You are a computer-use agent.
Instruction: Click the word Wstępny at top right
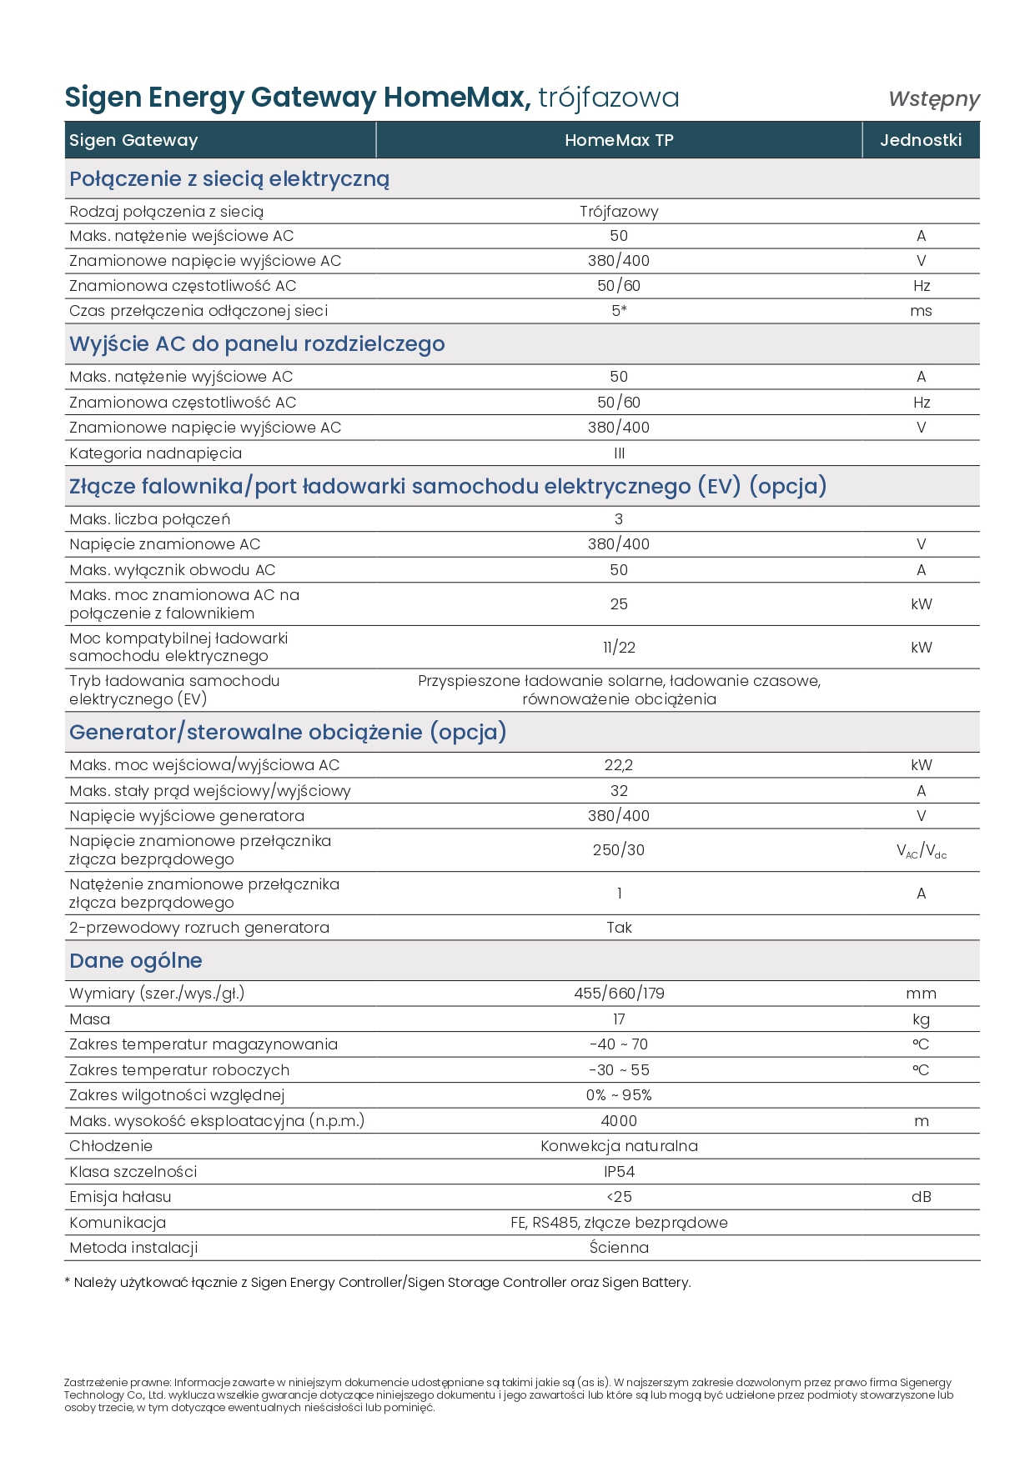tap(933, 98)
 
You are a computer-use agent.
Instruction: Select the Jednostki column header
tap(921, 140)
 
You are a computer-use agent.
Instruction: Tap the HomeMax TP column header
tap(619, 140)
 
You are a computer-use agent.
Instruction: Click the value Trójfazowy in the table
tap(619, 212)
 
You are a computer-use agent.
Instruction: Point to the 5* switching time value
tap(619, 311)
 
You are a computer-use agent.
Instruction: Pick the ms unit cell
tap(921, 311)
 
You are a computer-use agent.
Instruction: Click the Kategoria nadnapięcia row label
tap(156, 453)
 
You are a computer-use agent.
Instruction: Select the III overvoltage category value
tap(619, 453)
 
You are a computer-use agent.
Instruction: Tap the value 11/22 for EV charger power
tap(619, 648)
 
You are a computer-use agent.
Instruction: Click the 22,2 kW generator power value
tap(619, 765)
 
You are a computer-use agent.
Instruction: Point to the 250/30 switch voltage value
tap(619, 850)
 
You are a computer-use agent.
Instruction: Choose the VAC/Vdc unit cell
tap(921, 851)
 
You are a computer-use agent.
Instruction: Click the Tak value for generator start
tap(619, 928)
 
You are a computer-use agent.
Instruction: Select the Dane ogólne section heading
tap(136, 961)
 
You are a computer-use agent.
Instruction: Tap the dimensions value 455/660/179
tap(619, 994)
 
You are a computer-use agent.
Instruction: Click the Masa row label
tap(90, 1019)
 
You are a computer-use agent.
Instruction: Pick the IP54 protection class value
tap(619, 1172)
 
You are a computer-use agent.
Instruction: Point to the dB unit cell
tap(921, 1197)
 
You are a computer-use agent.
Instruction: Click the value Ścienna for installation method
tap(619, 1248)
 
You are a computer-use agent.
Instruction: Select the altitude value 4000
tap(619, 1121)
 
